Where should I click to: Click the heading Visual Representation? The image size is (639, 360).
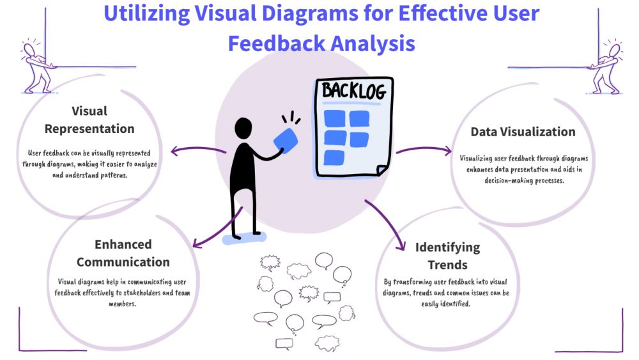point(89,120)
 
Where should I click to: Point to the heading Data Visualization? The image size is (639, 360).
point(523,132)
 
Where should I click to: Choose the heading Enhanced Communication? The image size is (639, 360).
point(123,253)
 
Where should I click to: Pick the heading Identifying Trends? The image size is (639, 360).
point(447,256)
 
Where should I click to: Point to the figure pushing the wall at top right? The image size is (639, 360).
point(604,67)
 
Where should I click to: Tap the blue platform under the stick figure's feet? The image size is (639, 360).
point(244,238)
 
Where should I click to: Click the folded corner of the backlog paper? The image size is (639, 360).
point(383,169)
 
